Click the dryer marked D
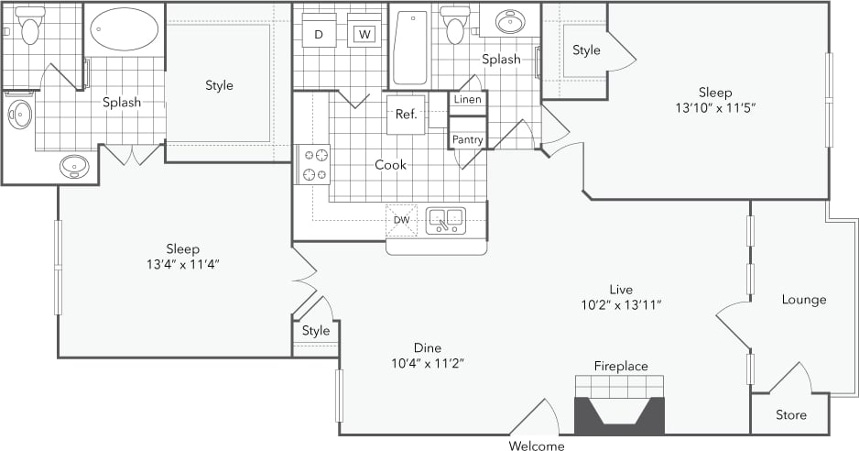319,34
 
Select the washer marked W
364,34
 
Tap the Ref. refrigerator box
407,115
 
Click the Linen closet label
467,99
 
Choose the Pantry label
467,138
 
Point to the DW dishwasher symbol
401,220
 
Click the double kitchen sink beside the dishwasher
445,220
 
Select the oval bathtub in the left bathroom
124,29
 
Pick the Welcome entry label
537,446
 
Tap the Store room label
790,415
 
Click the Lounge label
803,300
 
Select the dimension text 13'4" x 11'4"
182,264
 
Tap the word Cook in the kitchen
390,165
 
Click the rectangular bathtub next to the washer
409,48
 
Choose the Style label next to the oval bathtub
219,85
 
